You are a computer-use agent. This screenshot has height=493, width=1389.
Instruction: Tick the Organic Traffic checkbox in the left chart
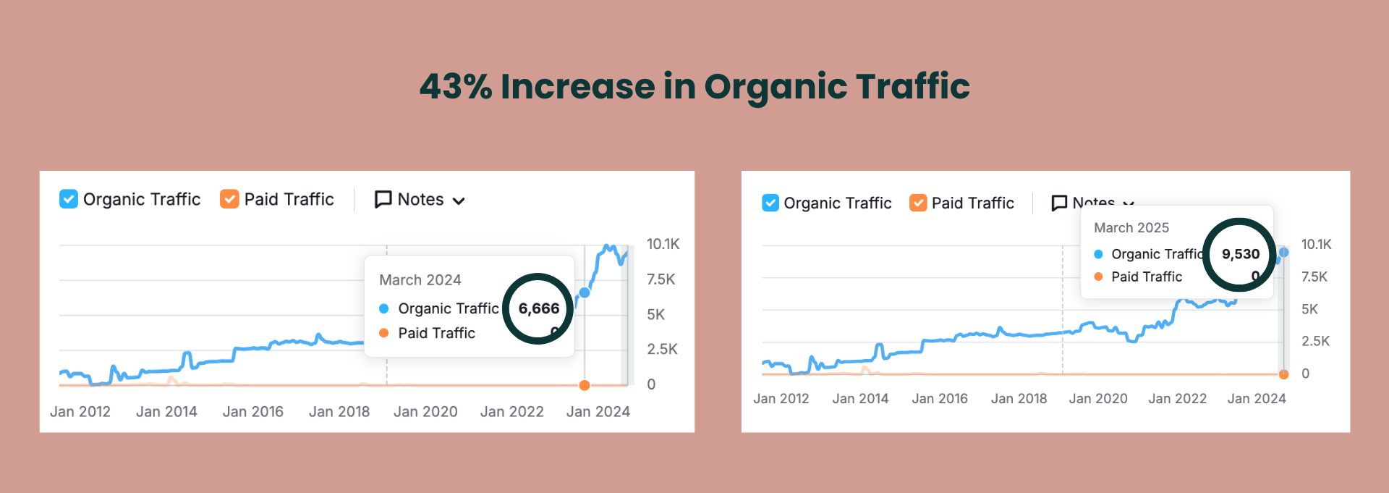[x=69, y=199]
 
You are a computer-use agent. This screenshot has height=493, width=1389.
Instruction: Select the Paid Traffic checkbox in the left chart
[x=229, y=199]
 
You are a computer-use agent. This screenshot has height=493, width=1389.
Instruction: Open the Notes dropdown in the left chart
[x=420, y=200]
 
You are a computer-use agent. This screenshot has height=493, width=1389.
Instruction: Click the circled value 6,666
[x=539, y=308]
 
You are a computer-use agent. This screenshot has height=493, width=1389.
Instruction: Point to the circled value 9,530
[x=1241, y=254]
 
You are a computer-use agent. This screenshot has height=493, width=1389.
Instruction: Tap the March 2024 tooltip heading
[x=420, y=280]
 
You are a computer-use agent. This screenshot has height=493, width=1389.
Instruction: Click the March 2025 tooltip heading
[x=1131, y=228]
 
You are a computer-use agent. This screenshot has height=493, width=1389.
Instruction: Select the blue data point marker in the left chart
[x=585, y=292]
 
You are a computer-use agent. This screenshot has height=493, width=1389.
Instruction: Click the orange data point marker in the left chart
[x=585, y=385]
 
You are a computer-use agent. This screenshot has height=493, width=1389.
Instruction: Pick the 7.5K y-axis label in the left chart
[x=661, y=279]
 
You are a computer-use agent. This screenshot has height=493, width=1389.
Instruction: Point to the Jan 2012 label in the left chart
[x=80, y=412]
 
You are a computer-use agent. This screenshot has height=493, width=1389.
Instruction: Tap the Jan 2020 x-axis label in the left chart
[x=425, y=412]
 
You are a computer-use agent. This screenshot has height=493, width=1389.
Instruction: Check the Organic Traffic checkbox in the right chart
[x=770, y=203]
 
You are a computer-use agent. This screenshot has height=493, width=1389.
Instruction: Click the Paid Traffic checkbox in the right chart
[x=918, y=203]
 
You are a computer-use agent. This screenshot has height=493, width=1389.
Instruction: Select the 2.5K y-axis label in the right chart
[x=1315, y=341]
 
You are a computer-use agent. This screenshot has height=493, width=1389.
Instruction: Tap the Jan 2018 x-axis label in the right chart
[x=1019, y=399]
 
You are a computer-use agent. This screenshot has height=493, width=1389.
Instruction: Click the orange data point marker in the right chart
[x=1284, y=374]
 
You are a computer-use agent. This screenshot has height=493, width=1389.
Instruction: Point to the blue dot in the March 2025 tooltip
[x=1098, y=254]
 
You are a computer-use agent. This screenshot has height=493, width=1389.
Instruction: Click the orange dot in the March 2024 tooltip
[x=384, y=333]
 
